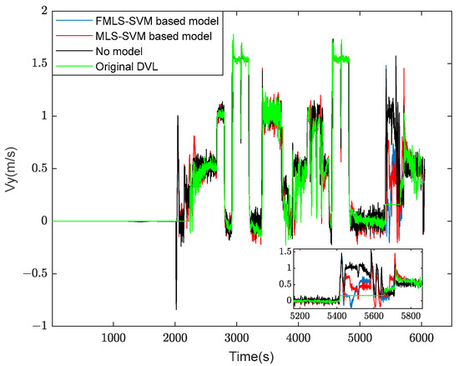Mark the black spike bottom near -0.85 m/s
[x=175, y=309]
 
